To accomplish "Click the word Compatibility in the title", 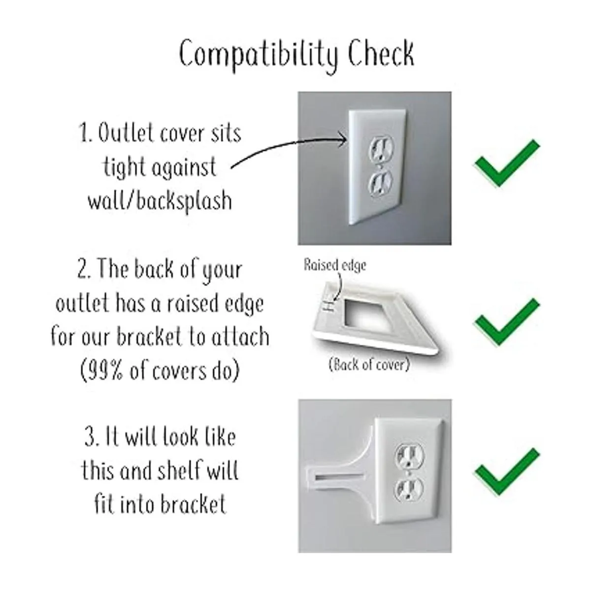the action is click(x=258, y=56).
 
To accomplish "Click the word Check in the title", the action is click(x=381, y=54).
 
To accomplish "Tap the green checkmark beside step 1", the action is click(x=507, y=164).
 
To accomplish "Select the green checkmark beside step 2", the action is click(x=507, y=322).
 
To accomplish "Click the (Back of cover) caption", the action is click(x=369, y=364).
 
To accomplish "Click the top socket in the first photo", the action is click(x=381, y=149).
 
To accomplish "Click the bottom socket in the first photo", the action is click(x=381, y=184).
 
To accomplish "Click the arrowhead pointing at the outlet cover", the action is click(x=343, y=141).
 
